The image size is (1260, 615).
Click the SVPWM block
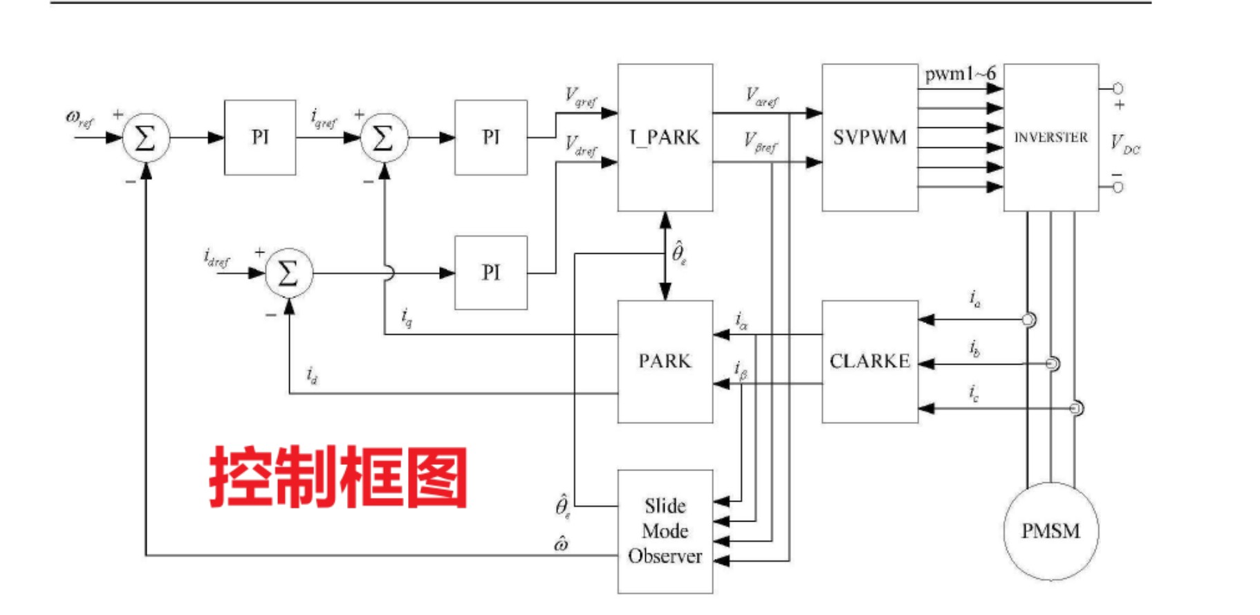[x=869, y=137]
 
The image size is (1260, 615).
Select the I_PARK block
[x=665, y=137]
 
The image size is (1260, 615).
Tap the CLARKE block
[x=869, y=360]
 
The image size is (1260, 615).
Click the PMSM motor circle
[x=1050, y=531]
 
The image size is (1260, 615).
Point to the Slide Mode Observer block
[x=665, y=531]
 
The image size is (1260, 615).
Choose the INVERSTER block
[x=1050, y=137]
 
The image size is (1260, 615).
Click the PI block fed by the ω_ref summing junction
[x=260, y=137]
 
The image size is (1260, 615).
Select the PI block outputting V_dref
[x=490, y=272]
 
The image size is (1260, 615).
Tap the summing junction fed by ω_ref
[x=145, y=138]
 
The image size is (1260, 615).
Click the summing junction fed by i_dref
[x=288, y=273]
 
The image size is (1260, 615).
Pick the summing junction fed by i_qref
[x=383, y=138]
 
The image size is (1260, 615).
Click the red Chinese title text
[x=338, y=477]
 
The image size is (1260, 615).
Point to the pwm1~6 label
[x=960, y=73]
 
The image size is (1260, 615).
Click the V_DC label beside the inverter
[x=1124, y=145]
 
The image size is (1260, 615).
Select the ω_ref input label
[x=80, y=118]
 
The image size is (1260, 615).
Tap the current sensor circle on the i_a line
[x=1029, y=320]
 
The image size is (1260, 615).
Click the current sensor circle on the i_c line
[x=1076, y=408]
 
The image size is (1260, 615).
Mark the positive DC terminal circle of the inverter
[x=1118, y=89]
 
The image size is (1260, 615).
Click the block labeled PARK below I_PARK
[x=665, y=360]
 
